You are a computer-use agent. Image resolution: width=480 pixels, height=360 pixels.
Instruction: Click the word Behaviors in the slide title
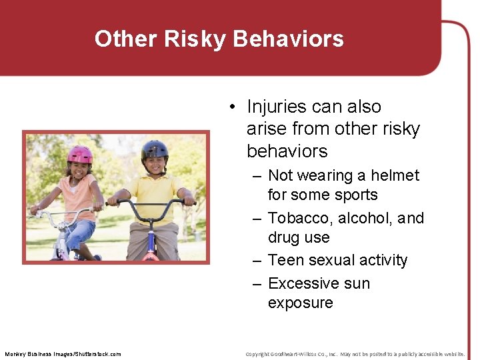pos(289,39)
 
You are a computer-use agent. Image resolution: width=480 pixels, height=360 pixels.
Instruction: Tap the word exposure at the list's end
pos(300,303)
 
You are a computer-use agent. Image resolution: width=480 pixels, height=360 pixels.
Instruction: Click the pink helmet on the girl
pos(80,155)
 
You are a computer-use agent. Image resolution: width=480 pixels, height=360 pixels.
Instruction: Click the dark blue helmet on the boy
pos(155,149)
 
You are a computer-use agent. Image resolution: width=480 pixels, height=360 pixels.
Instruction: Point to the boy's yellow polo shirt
pos(155,193)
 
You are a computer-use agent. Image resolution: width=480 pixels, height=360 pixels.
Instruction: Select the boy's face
pos(155,165)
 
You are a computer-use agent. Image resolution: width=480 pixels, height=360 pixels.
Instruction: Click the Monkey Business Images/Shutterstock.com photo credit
pos(63,354)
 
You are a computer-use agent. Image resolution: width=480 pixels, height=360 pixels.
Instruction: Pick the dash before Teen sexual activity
pos(257,261)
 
